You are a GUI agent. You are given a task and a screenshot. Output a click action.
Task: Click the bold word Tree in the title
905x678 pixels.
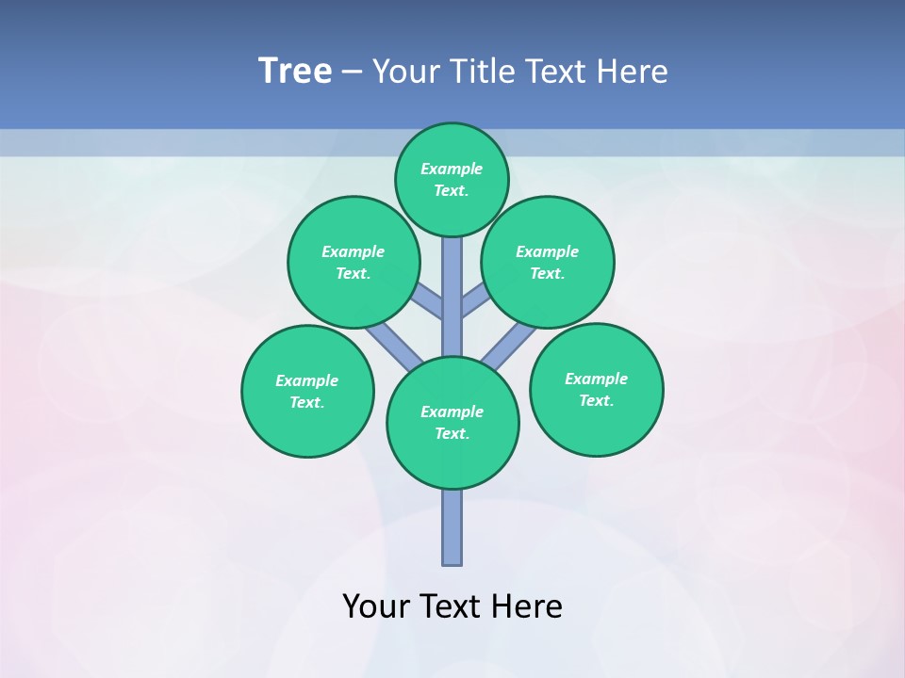tap(295, 72)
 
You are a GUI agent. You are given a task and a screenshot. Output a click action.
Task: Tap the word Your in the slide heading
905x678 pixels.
tap(403, 72)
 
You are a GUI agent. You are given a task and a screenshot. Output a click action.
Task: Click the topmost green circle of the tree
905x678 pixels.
tap(452, 179)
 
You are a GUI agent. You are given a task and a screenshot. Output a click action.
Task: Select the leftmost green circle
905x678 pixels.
tap(307, 391)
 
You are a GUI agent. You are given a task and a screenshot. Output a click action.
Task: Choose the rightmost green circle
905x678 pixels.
tap(596, 389)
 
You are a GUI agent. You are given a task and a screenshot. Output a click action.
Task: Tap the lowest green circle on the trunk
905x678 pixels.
tap(452, 423)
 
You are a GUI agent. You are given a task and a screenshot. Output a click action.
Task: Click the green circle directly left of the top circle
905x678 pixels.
tap(354, 262)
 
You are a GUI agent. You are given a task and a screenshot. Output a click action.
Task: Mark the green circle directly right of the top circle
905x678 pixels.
tap(548, 262)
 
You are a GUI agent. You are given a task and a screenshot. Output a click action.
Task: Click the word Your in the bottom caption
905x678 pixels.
tap(376, 606)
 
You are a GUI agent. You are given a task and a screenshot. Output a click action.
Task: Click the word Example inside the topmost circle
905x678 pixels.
tap(452, 169)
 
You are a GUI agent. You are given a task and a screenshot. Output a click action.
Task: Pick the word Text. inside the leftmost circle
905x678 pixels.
tap(307, 402)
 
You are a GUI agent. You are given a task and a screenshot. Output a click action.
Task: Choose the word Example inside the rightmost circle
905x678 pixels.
tap(596, 379)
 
